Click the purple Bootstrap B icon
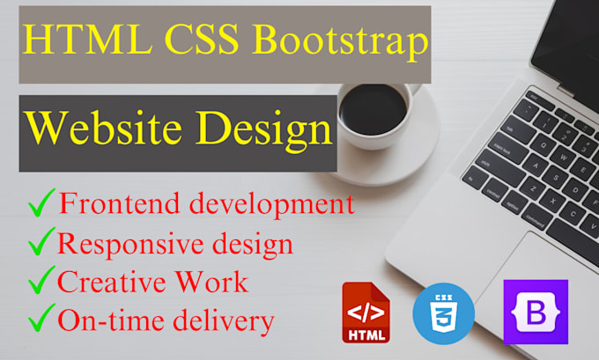tap(536, 312)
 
